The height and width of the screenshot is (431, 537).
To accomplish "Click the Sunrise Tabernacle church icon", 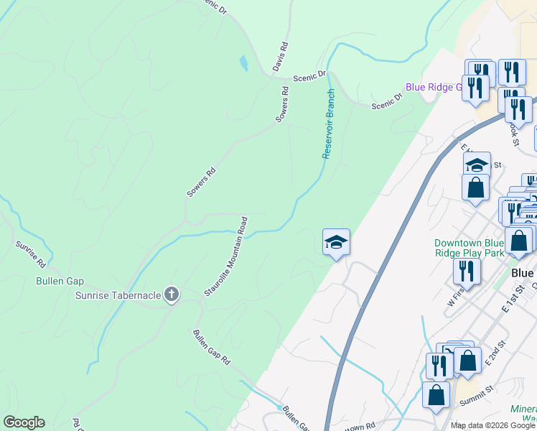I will (171, 295).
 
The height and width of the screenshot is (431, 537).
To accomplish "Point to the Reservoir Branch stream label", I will (329, 124).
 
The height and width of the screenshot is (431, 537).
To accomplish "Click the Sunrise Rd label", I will (31, 254).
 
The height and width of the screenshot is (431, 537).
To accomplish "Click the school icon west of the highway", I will (336, 243).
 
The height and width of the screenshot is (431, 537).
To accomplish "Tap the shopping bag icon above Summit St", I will (436, 395).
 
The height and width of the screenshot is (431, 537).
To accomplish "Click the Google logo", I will (24, 422).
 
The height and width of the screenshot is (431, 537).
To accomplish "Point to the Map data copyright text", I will (493, 425).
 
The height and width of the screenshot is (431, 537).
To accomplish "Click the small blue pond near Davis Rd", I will (244, 63).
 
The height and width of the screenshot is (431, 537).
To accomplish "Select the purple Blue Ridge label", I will (434, 87).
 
